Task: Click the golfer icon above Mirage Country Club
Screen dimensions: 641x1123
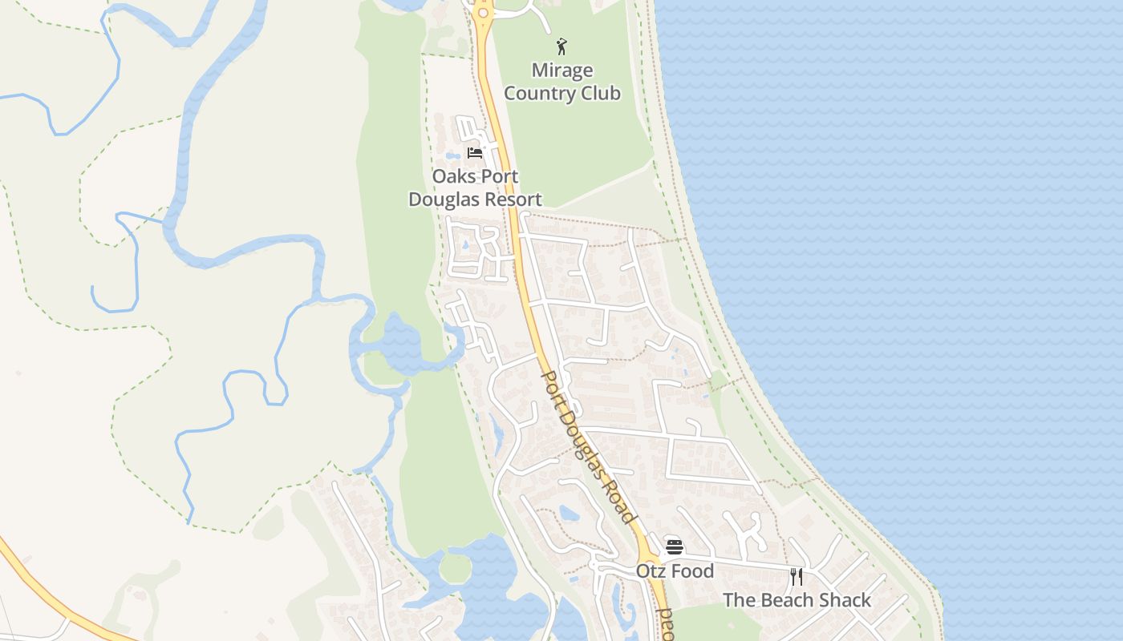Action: (x=561, y=46)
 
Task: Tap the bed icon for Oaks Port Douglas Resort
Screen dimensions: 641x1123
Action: (x=475, y=152)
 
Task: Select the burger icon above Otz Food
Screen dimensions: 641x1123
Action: (x=675, y=547)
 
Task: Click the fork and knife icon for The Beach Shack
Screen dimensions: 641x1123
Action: (x=797, y=576)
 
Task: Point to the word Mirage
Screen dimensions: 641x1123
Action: (x=561, y=71)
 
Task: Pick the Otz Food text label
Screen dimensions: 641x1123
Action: (x=675, y=571)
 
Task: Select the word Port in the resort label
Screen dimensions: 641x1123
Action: (x=500, y=176)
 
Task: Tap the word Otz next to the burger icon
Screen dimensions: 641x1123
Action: (x=651, y=571)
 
